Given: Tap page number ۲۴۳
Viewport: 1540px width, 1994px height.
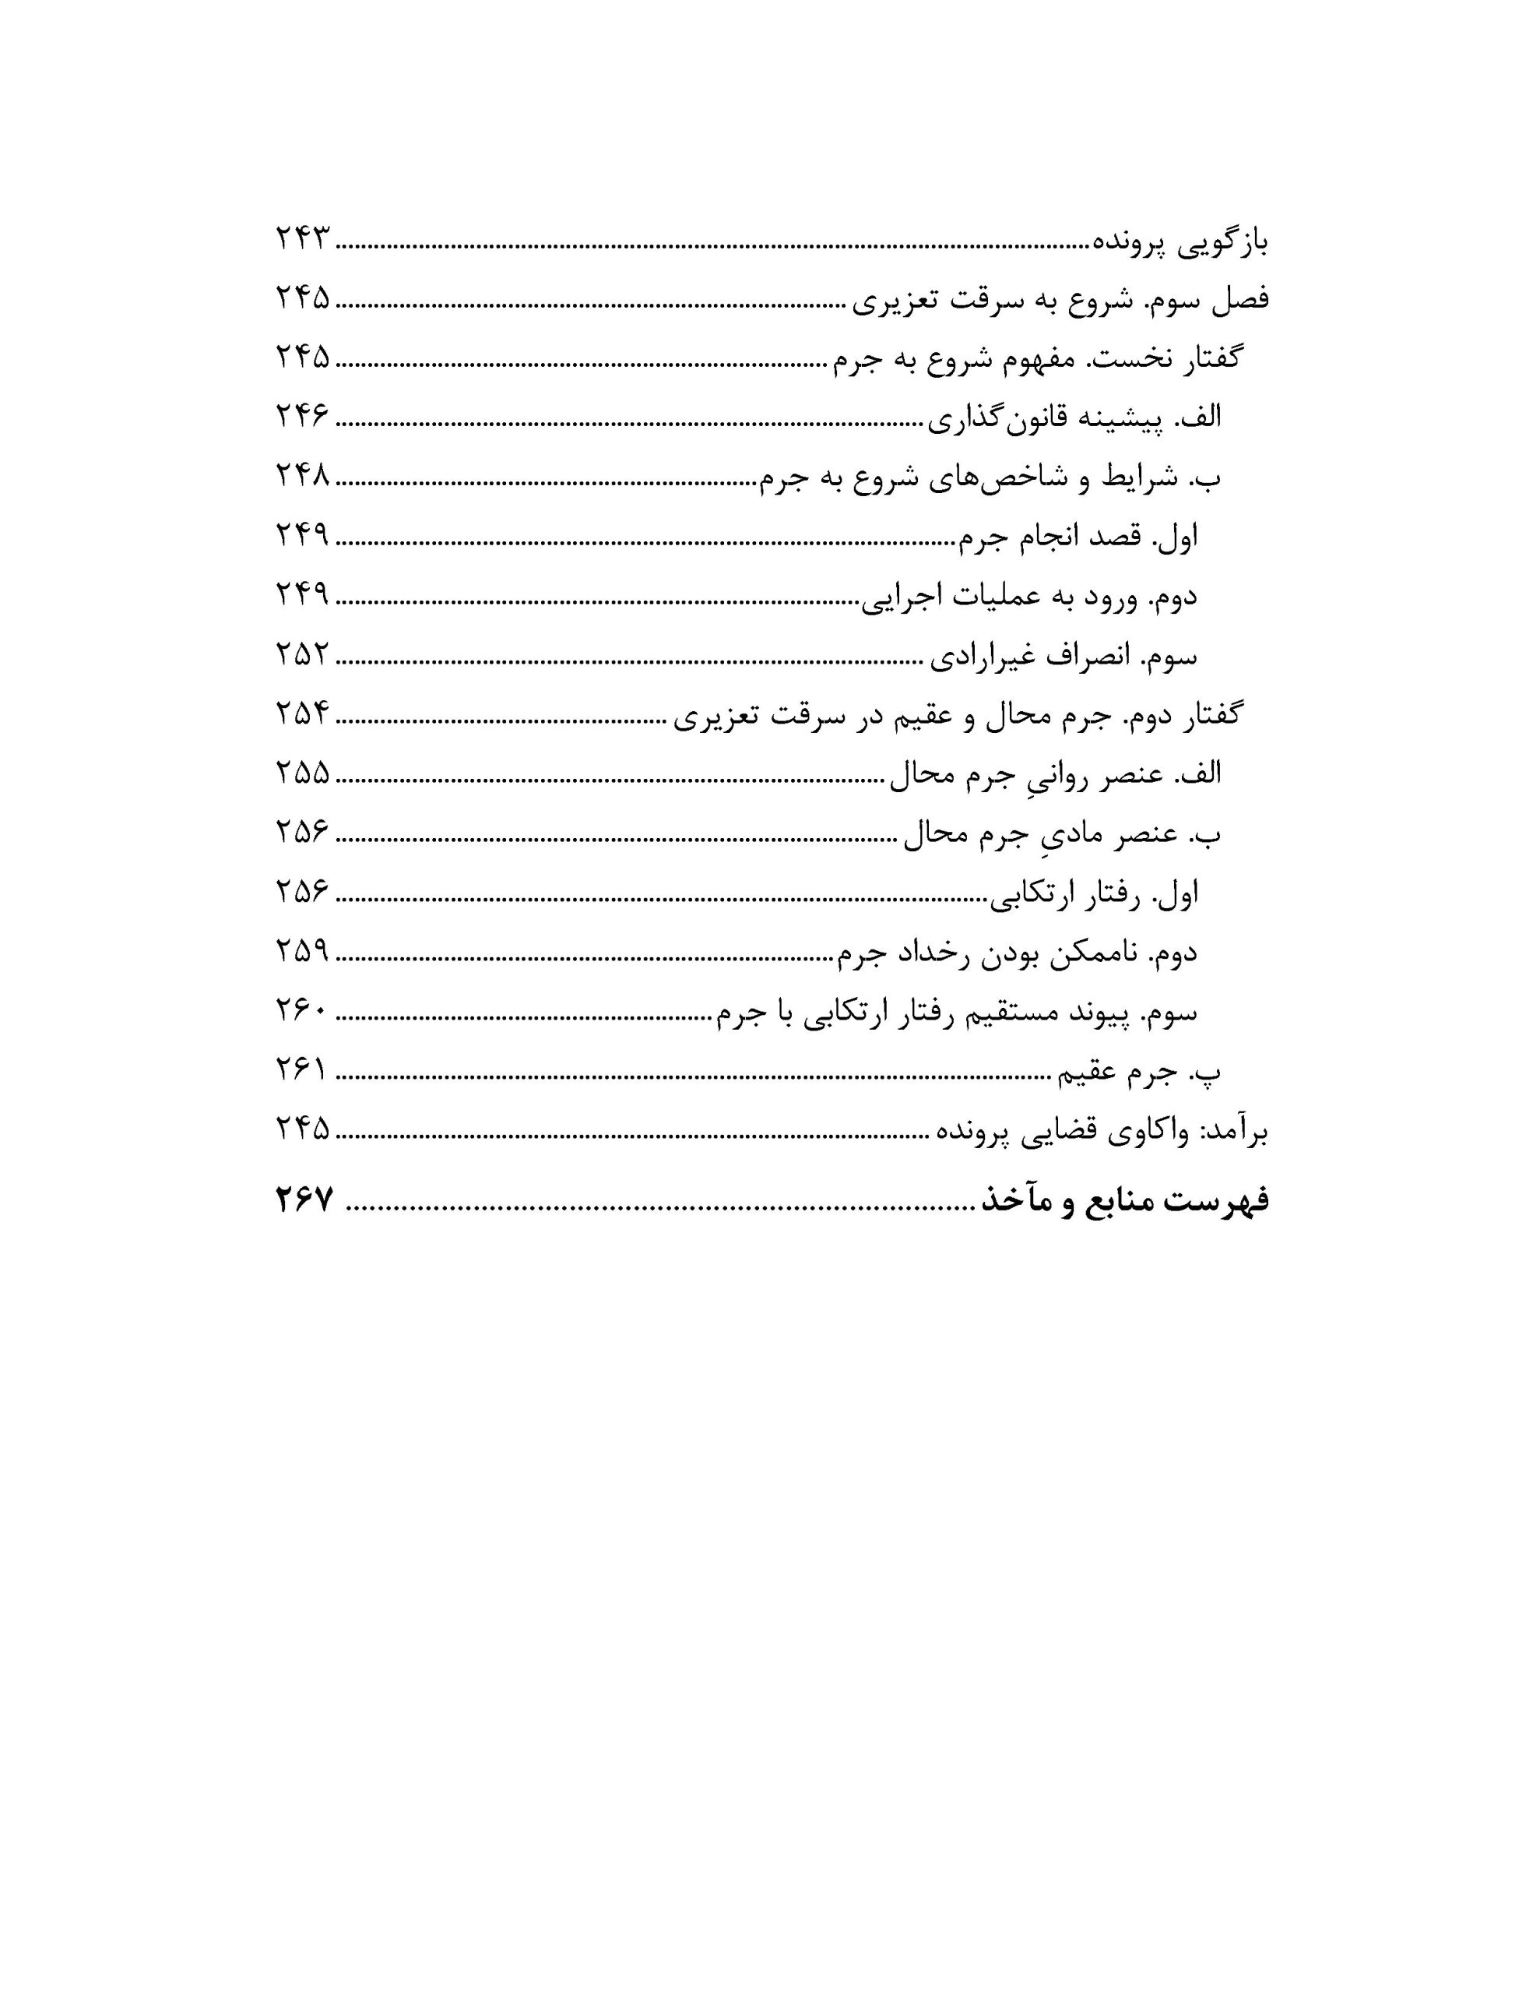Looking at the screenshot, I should (x=302, y=240).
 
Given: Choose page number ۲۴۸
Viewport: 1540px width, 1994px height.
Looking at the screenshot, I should (x=302, y=476).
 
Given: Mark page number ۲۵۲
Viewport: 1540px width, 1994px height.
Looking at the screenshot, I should (x=302, y=654).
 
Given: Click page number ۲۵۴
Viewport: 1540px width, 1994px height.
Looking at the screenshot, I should (x=302, y=713).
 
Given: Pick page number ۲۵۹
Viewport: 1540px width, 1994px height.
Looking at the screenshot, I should (x=302, y=950).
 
